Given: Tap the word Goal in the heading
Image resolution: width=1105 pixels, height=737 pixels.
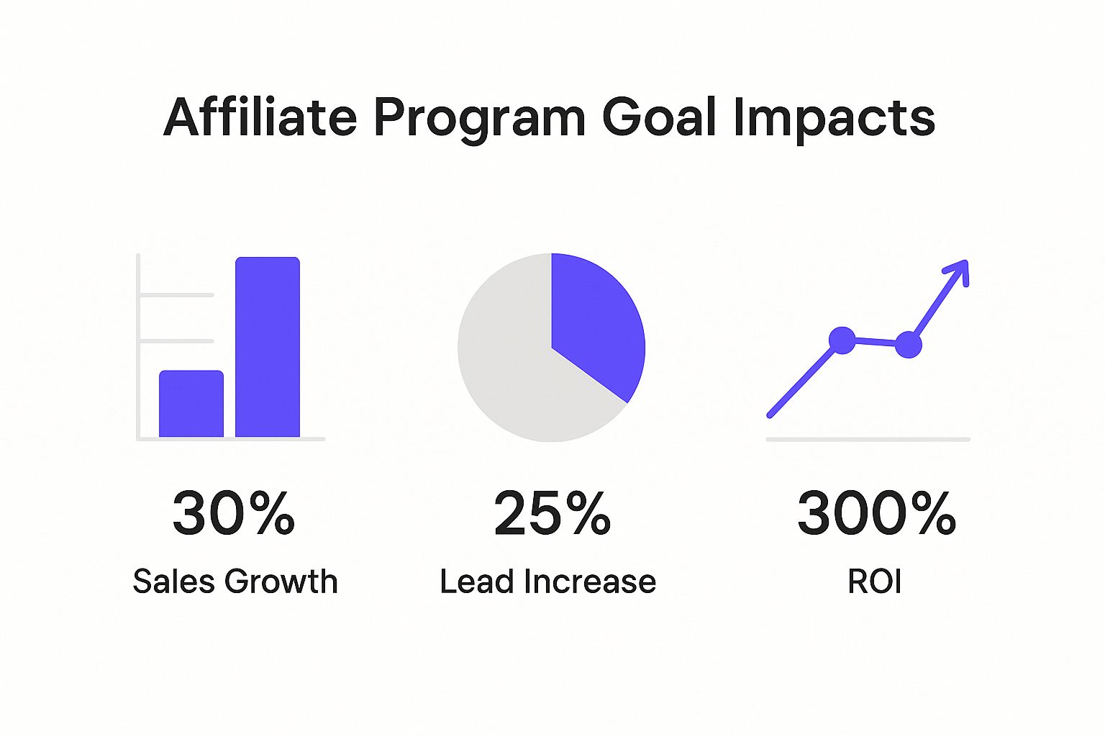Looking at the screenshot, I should click(x=659, y=117).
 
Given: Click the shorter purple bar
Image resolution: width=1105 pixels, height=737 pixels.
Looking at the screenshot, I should click(x=191, y=404).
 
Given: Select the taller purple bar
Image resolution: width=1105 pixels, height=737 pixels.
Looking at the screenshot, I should click(x=268, y=347).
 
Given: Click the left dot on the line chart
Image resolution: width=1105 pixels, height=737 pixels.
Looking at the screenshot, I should click(x=842, y=340).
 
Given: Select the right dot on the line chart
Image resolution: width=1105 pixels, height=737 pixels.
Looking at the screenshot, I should click(x=908, y=345).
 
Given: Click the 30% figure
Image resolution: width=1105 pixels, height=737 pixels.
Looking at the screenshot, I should click(x=234, y=513).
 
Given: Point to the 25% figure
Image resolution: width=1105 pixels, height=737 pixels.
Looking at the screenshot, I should click(x=552, y=513).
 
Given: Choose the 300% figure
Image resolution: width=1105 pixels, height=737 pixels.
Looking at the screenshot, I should click(x=876, y=513).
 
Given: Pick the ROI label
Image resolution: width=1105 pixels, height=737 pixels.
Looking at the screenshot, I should click(x=875, y=582).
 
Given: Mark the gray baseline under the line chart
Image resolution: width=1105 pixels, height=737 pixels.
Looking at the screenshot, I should click(x=868, y=438).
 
